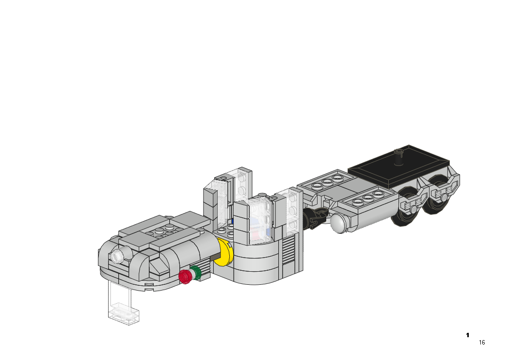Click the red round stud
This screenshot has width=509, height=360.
point(185,277)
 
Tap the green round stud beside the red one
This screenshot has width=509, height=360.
point(196,273)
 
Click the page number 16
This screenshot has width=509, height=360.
point(482,343)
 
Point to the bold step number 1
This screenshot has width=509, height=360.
point(468,335)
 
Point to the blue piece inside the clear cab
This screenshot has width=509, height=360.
point(233,221)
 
